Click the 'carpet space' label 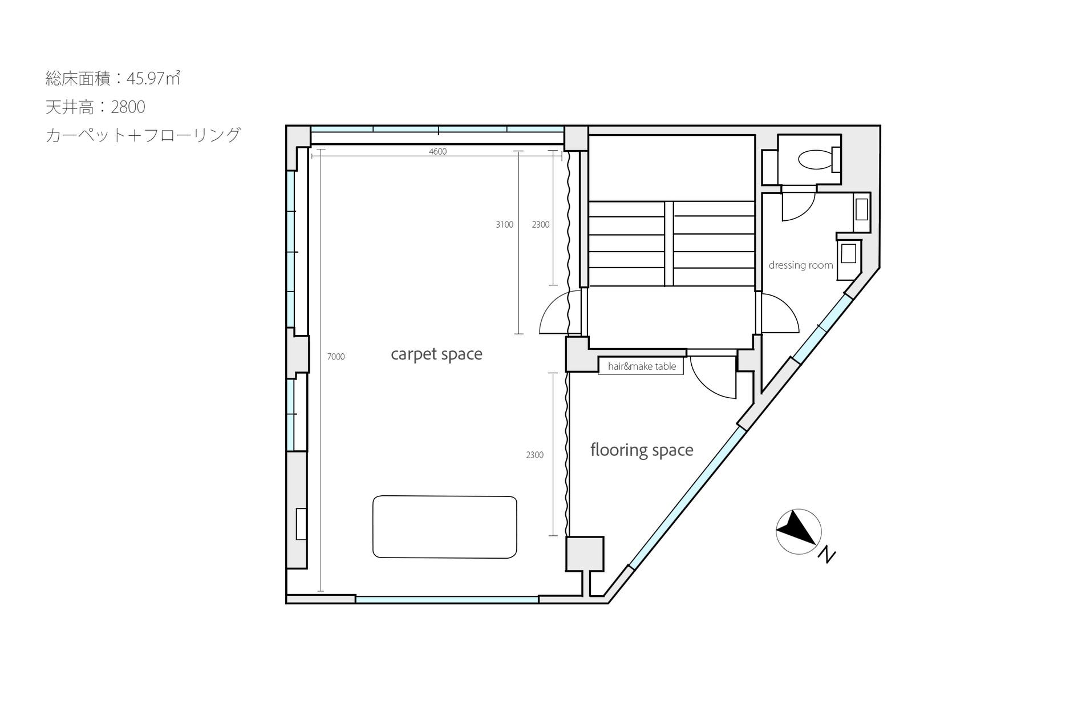click(x=436, y=354)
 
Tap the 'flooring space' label click(x=642, y=450)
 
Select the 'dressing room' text click(x=800, y=265)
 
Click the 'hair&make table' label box click(x=641, y=366)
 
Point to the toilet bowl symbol click(x=815, y=159)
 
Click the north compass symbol click(x=798, y=531)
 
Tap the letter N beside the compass click(x=826, y=555)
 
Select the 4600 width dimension click(x=437, y=151)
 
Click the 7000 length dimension click(x=336, y=357)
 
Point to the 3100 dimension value click(x=504, y=225)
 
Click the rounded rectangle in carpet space click(x=444, y=527)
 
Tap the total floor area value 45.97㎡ click(x=153, y=78)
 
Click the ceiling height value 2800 click(x=128, y=107)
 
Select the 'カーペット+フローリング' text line click(x=143, y=135)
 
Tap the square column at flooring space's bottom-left click(x=585, y=554)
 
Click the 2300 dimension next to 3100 click(x=540, y=225)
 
